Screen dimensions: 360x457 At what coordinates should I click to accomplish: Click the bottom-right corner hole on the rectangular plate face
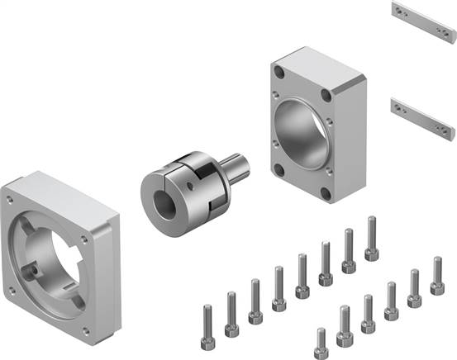(329, 196)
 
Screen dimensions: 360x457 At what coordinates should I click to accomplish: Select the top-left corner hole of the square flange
(10, 201)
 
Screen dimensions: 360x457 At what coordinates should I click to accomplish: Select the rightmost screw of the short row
(437, 277)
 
